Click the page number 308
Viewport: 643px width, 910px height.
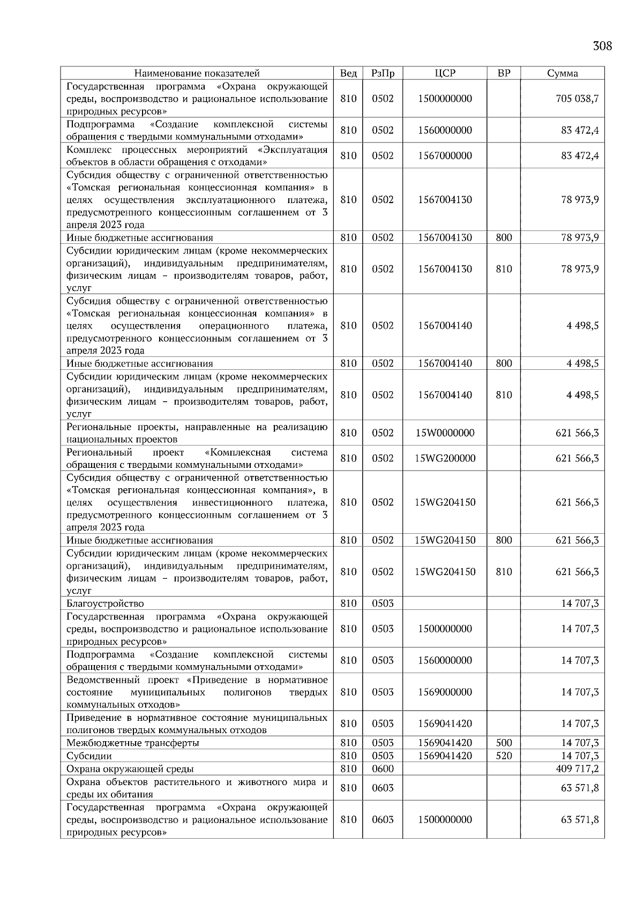point(602,46)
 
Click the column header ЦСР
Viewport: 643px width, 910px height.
point(445,73)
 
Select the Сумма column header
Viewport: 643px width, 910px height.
point(562,73)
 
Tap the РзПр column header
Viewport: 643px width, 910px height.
point(383,73)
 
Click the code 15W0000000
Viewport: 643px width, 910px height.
point(445,433)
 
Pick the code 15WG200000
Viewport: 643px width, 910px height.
point(445,458)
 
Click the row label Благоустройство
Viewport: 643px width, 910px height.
point(105,603)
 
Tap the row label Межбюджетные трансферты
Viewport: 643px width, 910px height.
point(132,743)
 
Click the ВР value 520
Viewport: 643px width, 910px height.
point(504,756)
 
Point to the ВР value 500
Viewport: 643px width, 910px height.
point(504,743)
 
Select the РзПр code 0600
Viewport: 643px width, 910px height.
point(383,769)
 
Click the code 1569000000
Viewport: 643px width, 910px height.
point(445,692)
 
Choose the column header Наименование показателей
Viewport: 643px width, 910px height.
point(197,73)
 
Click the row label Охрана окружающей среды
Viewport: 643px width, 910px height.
point(130,769)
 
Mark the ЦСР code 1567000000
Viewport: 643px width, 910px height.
point(445,156)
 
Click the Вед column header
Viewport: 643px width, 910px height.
point(348,73)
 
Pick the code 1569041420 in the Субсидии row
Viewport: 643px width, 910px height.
point(445,756)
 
